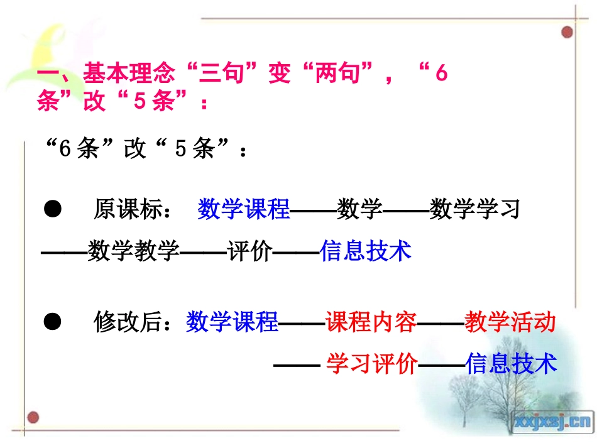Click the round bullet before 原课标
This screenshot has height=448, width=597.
coord(53,209)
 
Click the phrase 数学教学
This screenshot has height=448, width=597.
coord(133,251)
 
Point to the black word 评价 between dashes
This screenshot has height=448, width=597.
coord(249,251)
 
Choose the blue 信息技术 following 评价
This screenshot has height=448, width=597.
coord(366,251)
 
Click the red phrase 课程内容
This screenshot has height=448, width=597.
coord(371,323)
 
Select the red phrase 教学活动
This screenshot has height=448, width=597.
coord(510,323)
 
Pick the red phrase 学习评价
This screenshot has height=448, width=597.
coord(372,364)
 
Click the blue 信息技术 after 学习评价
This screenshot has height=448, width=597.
coord(511,364)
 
